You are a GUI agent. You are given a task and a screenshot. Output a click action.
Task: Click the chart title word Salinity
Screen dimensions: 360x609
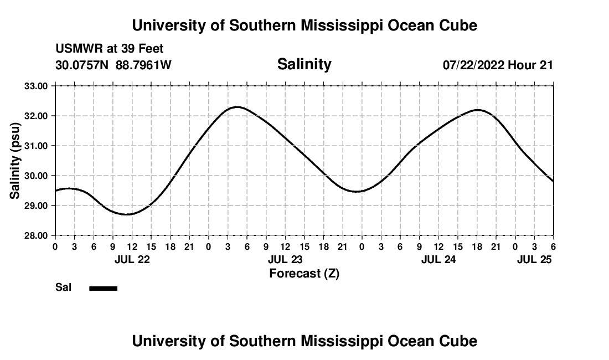tap(304, 64)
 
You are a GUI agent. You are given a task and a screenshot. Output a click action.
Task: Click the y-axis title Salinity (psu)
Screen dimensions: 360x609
tap(15, 161)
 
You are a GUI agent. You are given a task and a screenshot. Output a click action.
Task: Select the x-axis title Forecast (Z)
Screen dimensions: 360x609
tap(304, 273)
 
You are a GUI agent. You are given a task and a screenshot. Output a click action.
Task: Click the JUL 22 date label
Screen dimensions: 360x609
tap(132, 259)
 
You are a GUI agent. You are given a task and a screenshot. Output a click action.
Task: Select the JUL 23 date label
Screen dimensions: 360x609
tap(285, 259)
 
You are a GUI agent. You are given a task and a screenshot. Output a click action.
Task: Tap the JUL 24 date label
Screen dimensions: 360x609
tap(438, 259)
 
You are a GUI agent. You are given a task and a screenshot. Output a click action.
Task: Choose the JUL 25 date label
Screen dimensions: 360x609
tap(535, 259)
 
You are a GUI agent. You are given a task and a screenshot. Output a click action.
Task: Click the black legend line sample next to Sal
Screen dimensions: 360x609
tap(103, 288)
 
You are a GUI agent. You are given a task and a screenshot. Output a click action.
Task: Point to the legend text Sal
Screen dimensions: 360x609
tap(63, 287)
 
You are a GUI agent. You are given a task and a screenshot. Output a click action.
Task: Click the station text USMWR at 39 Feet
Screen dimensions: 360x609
tap(110, 49)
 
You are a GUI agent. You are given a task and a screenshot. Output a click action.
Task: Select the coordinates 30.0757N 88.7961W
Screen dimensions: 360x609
tap(113, 65)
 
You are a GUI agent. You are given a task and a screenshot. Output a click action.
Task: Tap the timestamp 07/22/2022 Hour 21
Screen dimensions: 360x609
tap(498, 65)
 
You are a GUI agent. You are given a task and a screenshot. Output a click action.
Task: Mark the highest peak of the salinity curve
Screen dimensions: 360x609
tap(237, 107)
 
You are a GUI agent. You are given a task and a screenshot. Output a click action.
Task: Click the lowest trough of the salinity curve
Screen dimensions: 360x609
tap(128, 214)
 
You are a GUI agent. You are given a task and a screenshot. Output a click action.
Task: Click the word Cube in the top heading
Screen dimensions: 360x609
tap(459, 25)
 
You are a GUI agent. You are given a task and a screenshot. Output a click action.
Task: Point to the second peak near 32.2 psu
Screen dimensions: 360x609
tap(478, 110)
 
